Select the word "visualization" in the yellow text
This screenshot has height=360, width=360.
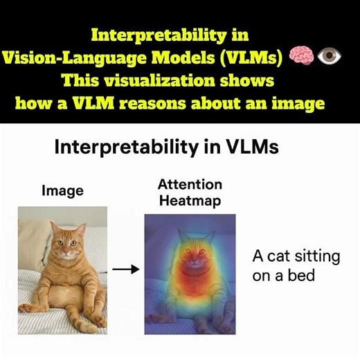point(181,80)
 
